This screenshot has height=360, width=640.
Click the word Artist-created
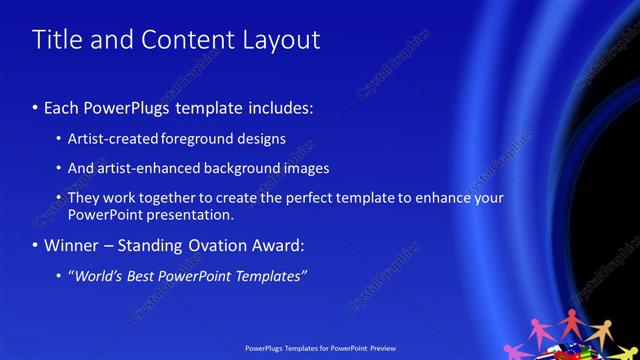tap(109, 138)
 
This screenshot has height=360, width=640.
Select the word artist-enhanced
tap(145, 168)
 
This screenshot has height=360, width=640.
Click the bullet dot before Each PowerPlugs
tap(36, 107)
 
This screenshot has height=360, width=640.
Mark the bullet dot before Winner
tap(36, 245)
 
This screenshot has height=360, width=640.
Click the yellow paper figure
tap(600, 331)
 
